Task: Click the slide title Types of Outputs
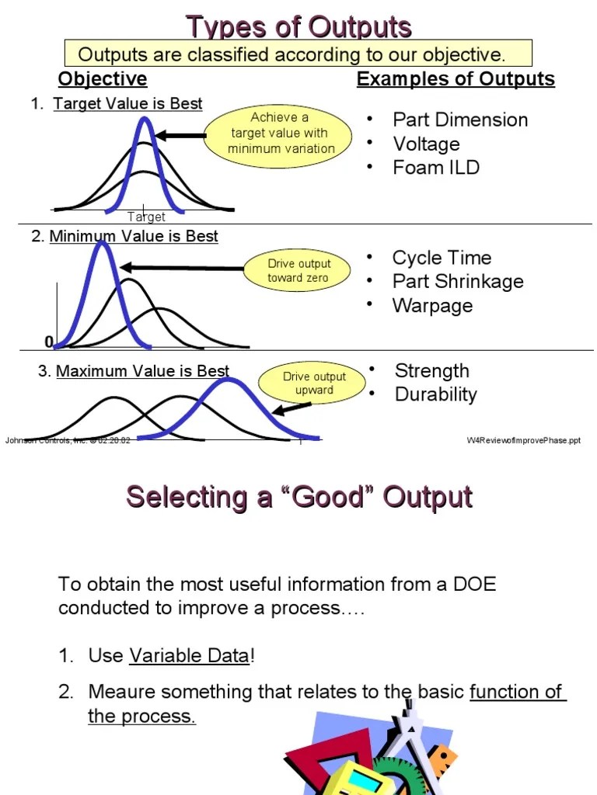pyautogui.click(x=298, y=27)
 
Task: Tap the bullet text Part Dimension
pyautogui.click(x=460, y=120)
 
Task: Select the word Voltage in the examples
pyautogui.click(x=426, y=144)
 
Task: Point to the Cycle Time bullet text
pyautogui.click(x=442, y=258)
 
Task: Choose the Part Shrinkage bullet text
pyautogui.click(x=458, y=281)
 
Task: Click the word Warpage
pyautogui.click(x=432, y=305)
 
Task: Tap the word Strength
pyautogui.click(x=431, y=370)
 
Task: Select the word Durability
pyautogui.click(x=435, y=394)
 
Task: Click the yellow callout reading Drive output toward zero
pyautogui.click(x=298, y=271)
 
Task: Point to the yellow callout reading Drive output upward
pyautogui.click(x=314, y=384)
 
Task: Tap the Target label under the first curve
pyautogui.click(x=146, y=217)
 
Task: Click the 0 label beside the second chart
pyautogui.click(x=49, y=342)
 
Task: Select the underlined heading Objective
pyautogui.click(x=103, y=79)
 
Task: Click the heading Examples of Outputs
pyautogui.click(x=456, y=79)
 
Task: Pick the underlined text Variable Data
pyautogui.click(x=189, y=655)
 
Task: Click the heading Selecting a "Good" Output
pyautogui.click(x=299, y=497)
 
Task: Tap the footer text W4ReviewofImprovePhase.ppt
pyautogui.click(x=523, y=440)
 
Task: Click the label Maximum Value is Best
pyautogui.click(x=142, y=372)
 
